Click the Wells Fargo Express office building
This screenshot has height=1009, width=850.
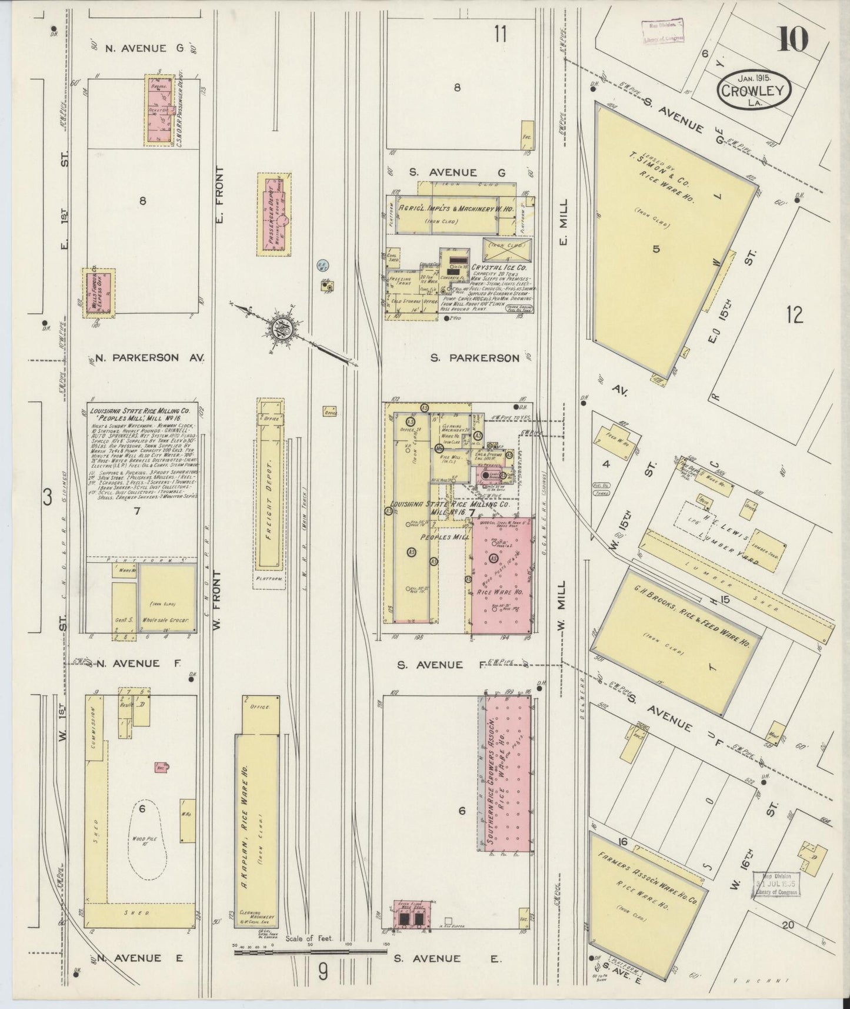[98, 293]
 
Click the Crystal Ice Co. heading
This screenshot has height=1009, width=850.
[499, 268]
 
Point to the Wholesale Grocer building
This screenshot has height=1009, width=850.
[167, 599]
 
